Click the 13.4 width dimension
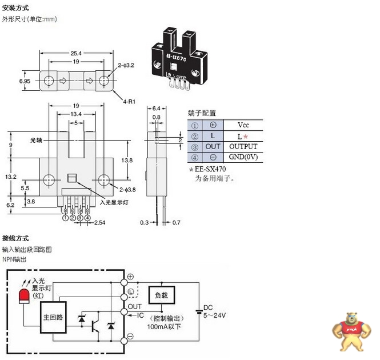pyautogui.click(x=77, y=114)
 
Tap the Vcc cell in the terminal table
pyautogui.click(x=243, y=124)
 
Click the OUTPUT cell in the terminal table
pyautogui.click(x=243, y=147)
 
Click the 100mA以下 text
pyautogui.click(x=164, y=326)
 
